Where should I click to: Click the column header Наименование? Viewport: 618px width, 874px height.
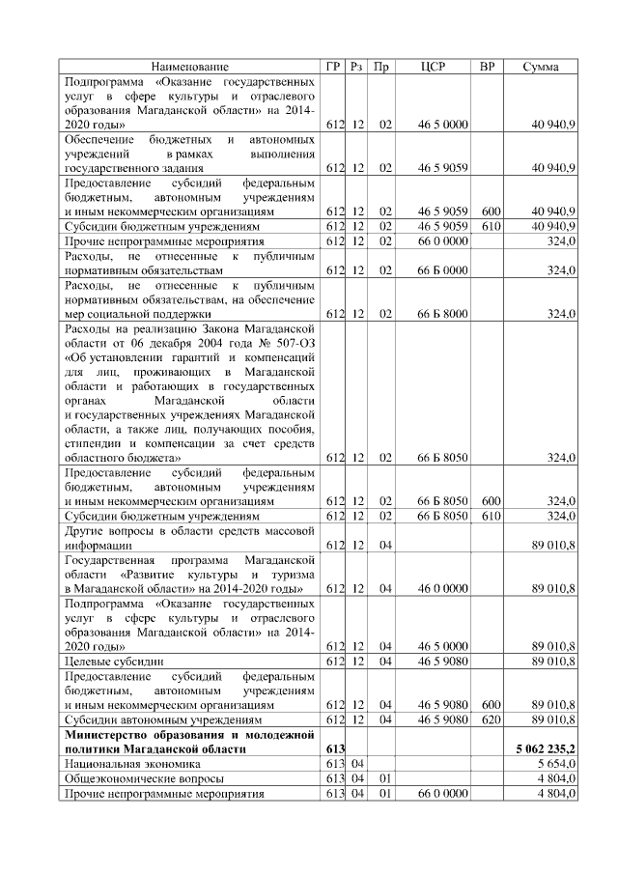click(x=190, y=67)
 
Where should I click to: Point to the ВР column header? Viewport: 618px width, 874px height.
click(x=488, y=67)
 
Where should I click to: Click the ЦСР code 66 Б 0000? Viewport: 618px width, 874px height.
click(x=443, y=271)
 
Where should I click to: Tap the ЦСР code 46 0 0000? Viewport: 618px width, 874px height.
click(x=443, y=587)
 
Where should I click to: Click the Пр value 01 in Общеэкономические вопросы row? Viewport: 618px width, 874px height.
click(x=384, y=777)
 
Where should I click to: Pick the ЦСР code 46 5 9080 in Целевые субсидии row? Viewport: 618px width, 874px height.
click(x=443, y=661)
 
